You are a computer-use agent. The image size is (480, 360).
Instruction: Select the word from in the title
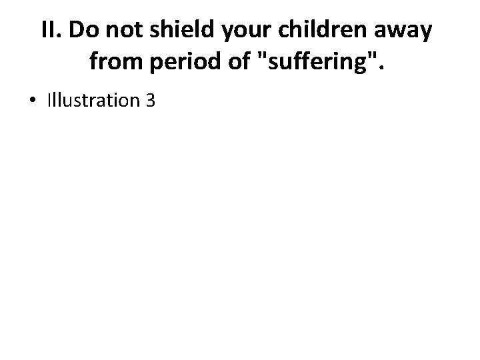click(x=111, y=63)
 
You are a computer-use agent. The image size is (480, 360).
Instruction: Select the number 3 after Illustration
click(x=150, y=101)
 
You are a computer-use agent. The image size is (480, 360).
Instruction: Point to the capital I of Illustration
click(x=49, y=101)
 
